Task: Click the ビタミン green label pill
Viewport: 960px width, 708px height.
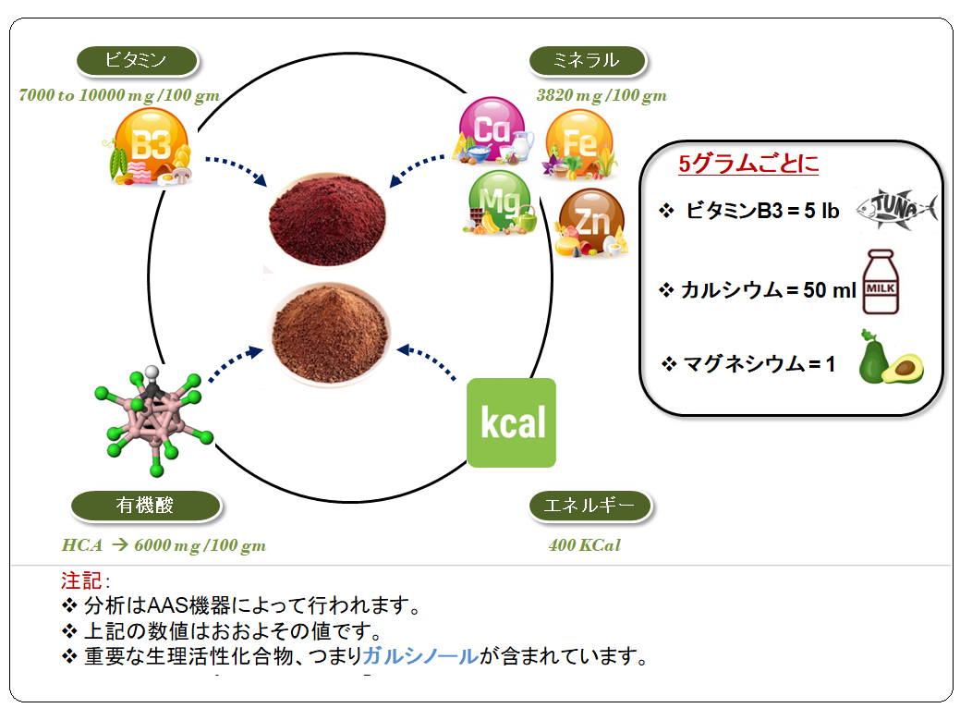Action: tap(137, 60)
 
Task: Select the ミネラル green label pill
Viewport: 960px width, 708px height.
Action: tap(587, 60)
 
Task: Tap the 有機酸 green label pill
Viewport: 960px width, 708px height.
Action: tap(146, 506)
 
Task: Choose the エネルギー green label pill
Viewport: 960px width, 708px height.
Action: tap(590, 506)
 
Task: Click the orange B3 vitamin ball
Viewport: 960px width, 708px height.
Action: tap(152, 145)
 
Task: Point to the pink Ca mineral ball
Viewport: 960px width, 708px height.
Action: tap(491, 129)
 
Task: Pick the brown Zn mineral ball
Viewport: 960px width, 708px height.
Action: tap(590, 221)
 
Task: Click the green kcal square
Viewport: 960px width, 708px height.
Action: tap(511, 422)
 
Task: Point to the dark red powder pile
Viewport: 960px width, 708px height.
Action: tap(327, 219)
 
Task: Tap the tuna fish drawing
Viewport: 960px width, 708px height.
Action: tap(896, 210)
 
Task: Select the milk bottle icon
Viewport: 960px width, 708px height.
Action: tap(881, 282)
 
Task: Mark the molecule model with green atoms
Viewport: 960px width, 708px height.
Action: tap(153, 421)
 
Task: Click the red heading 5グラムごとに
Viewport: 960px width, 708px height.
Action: tap(748, 164)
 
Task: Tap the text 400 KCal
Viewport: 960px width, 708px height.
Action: tap(585, 545)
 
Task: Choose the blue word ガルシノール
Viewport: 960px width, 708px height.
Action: tap(420, 656)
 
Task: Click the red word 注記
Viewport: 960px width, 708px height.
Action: tap(81, 580)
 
